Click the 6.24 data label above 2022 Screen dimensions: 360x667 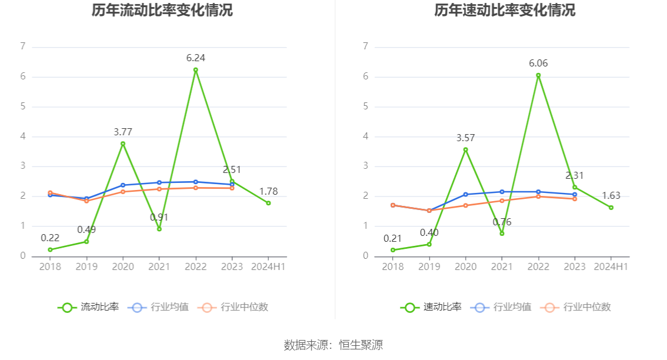click(195, 58)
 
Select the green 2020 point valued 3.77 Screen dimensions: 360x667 click(123, 144)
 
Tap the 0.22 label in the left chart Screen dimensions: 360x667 click(50, 238)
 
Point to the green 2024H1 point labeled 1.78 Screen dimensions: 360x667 click(268, 203)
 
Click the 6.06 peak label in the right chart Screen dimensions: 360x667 click(538, 63)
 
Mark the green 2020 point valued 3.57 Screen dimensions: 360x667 click(466, 149)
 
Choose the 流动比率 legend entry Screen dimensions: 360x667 click(89, 307)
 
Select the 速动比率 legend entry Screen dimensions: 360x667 click(432, 307)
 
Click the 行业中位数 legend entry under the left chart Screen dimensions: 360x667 click(234, 307)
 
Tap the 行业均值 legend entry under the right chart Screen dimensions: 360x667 click(502, 307)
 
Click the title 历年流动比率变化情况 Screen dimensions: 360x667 click(162, 10)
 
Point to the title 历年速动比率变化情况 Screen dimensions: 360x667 click(505, 10)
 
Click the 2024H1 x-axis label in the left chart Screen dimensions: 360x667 click(268, 266)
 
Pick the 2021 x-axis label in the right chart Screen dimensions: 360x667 click(502, 266)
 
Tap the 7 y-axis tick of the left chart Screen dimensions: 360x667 click(23, 46)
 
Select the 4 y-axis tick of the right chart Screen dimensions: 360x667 click(366, 136)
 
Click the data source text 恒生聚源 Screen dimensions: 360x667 click(361, 345)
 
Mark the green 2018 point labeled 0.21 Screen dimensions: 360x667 click(393, 250)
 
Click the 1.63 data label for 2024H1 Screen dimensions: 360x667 click(611, 195)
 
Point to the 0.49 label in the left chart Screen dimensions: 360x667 click(86, 229)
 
